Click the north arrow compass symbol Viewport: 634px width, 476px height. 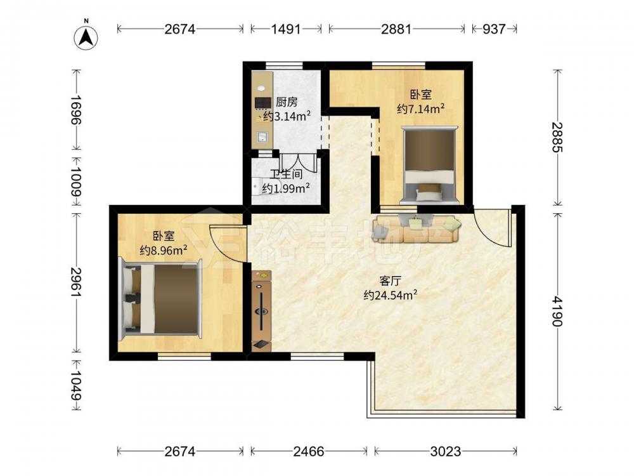click(86, 37)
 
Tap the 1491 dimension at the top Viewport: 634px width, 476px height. click(286, 29)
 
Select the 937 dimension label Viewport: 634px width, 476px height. click(494, 29)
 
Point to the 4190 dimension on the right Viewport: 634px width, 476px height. click(557, 311)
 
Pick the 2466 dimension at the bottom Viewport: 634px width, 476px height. click(309, 451)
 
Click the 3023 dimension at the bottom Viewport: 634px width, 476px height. click(446, 451)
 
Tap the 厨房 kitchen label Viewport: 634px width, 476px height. click(287, 102)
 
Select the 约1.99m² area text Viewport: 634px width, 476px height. click(286, 188)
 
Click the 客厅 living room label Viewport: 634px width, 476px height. click(390, 281)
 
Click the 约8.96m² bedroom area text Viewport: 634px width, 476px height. click(164, 250)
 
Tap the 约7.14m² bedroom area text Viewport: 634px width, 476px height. click(421, 109)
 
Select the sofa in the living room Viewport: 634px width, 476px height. click(417, 228)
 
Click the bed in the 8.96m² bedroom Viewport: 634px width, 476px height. click(160, 299)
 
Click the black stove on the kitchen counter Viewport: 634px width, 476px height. click(263, 103)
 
